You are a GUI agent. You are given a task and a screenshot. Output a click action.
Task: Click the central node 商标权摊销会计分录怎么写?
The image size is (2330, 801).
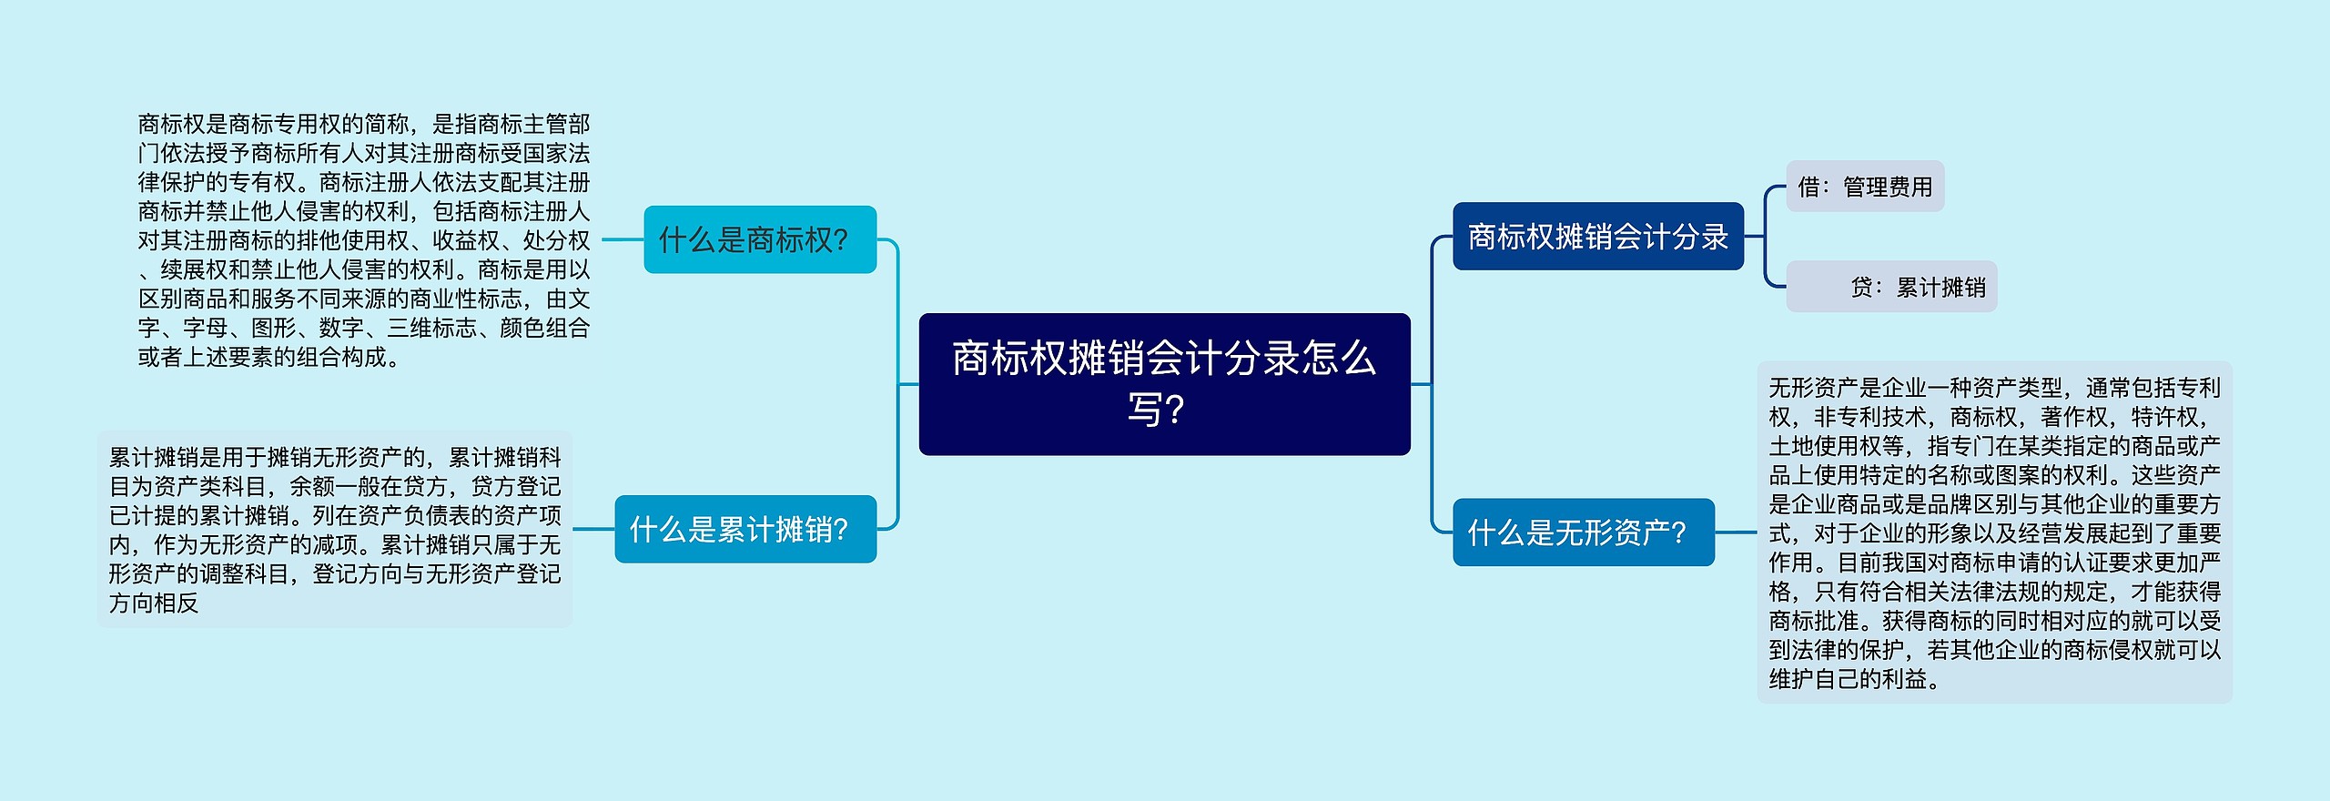(1164, 383)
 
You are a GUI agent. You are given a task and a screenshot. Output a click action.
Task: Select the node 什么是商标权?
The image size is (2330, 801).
(759, 239)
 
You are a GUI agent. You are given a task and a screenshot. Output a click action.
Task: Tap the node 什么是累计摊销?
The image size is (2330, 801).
(745, 529)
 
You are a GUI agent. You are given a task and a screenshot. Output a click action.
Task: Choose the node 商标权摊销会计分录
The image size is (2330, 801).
(1597, 237)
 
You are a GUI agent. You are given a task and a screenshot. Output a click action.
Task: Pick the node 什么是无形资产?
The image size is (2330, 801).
(1583, 532)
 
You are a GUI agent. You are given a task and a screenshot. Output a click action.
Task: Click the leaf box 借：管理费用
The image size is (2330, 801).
(1865, 187)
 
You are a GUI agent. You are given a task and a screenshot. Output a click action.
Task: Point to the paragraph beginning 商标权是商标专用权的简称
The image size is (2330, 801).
(364, 239)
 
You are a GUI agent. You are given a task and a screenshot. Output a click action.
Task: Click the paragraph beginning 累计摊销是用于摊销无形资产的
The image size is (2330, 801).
(334, 529)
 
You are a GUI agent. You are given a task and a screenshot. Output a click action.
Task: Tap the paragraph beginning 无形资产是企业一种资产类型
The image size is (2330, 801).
(1994, 532)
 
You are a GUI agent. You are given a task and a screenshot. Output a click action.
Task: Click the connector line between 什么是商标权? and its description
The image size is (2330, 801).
(623, 240)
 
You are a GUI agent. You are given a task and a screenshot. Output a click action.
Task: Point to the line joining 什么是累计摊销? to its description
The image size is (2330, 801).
(593, 529)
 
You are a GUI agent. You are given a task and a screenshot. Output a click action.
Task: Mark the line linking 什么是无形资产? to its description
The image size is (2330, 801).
(1736, 532)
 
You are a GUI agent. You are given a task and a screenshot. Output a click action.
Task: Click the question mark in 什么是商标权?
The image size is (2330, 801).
(840, 240)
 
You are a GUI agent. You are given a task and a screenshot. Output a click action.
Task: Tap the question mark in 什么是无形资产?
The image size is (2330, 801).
(1678, 533)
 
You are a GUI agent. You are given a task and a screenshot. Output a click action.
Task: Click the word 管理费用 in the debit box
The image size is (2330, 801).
(1888, 187)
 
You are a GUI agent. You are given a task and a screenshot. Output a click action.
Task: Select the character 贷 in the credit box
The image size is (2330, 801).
(1861, 288)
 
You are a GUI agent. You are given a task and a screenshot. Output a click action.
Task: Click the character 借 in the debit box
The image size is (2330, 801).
(1808, 187)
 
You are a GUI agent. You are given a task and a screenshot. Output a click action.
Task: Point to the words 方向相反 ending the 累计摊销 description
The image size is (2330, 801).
(154, 603)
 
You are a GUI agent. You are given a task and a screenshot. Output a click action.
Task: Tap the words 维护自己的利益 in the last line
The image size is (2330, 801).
(1848, 679)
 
